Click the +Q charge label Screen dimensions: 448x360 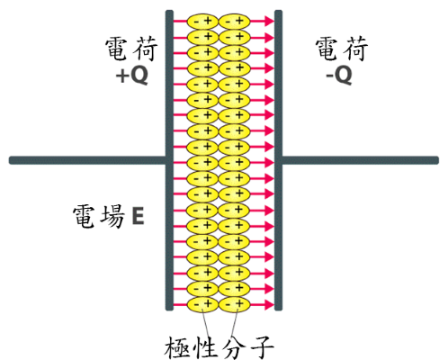[132, 76]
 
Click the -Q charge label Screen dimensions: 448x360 [339, 76]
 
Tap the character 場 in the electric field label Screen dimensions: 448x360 [112, 216]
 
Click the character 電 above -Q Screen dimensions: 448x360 [327, 49]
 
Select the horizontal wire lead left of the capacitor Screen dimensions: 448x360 [87, 160]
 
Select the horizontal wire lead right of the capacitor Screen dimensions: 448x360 [360, 160]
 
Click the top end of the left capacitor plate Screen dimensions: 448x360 [169, 11]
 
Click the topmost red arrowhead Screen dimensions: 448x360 [269, 22]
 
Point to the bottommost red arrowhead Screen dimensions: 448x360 [269, 304]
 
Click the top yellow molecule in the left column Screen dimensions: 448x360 [202, 22]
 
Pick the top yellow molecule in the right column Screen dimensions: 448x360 [234, 22]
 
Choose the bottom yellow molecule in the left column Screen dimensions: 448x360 [202, 304]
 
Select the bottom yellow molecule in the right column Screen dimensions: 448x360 [234, 304]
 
